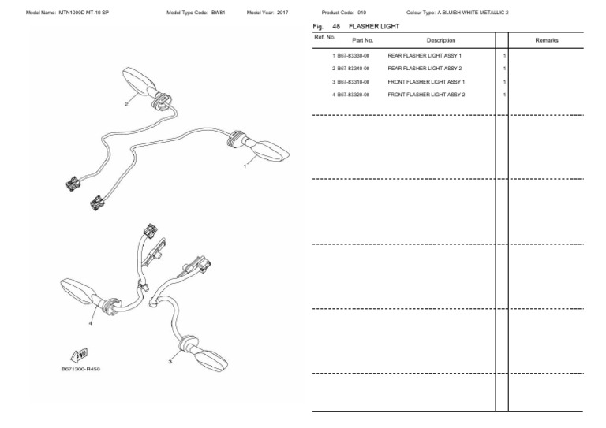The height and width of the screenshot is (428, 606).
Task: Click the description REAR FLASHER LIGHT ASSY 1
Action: coord(425,56)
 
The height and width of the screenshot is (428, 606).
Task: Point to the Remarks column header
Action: coord(547,39)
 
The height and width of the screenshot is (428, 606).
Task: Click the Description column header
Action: coord(441,39)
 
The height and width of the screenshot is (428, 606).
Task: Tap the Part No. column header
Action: coord(363,39)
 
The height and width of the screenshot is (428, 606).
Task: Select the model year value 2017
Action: coord(282,13)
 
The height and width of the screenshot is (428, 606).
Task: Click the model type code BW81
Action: coord(219,13)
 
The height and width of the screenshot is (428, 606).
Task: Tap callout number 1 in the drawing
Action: coord(245,166)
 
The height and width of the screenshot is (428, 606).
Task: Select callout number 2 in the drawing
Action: coord(126,103)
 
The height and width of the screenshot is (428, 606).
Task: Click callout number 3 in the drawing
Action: coord(170,362)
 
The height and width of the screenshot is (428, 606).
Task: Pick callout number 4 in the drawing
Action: coord(91,322)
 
